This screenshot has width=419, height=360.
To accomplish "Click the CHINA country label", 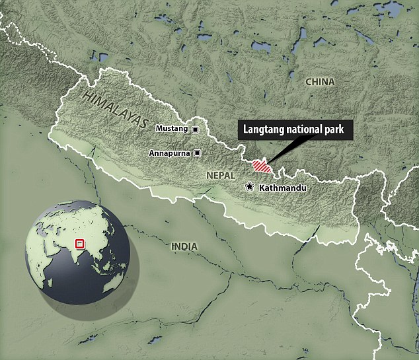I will pyautogui.click(x=320, y=82).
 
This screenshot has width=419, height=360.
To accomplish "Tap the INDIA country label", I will pyautogui.click(x=184, y=246).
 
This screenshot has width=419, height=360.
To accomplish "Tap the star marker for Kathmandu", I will pyautogui.click(x=249, y=187).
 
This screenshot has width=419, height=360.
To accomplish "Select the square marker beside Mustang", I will pyautogui.click(x=195, y=129).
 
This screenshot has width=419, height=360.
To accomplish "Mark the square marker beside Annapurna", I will pyautogui.click(x=196, y=153).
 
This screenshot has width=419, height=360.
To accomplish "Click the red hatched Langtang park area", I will pyautogui.click(x=262, y=166).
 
